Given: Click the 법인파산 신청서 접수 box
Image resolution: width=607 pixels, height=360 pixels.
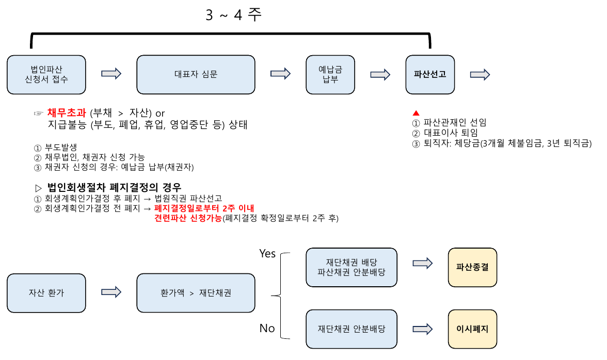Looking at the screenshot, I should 46,74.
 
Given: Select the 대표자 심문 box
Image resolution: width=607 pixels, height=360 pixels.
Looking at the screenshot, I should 196,74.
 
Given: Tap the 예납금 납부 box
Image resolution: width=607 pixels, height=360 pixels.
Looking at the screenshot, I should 331,74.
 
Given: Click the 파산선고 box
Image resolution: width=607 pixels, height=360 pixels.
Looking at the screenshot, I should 430,74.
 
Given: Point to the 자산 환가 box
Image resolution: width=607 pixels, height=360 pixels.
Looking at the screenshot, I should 46,292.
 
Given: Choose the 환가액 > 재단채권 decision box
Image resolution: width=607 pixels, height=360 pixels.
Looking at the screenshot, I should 196,292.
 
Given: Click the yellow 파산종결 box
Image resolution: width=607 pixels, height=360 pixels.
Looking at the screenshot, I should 472,267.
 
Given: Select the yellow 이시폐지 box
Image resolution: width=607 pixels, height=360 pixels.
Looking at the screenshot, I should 472,329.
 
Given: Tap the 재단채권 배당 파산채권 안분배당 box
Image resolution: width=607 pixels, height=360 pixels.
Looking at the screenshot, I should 352,267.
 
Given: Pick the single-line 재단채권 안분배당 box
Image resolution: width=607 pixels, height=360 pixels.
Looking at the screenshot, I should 352,329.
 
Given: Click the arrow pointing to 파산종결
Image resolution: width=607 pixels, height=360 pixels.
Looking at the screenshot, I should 422,263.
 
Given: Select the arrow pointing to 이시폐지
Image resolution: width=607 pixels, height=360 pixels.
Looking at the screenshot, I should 422,329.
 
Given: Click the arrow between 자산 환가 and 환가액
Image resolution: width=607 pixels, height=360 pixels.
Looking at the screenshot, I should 111,292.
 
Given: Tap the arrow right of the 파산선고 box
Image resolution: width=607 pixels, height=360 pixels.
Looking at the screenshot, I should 480,74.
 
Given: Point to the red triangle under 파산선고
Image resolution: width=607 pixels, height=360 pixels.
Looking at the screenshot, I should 416,113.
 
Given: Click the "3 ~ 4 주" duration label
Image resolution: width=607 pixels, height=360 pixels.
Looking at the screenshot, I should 233,15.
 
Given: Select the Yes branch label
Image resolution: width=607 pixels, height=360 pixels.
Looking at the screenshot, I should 267,254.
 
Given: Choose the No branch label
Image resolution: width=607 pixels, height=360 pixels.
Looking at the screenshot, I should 267,329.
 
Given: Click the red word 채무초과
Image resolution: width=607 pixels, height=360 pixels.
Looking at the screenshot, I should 67,113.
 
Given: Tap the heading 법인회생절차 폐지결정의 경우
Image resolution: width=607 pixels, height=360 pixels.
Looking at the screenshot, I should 114,187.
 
